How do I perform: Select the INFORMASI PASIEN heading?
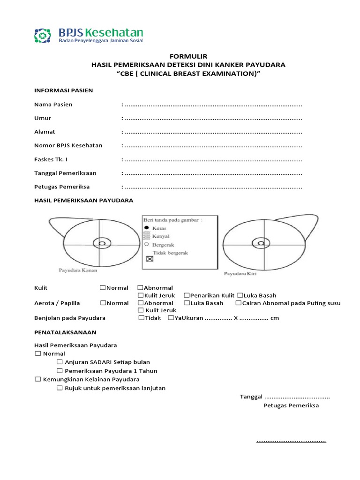(64, 90)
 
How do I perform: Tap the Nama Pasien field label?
(53, 105)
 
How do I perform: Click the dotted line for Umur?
(213, 119)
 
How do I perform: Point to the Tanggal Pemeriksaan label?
(65, 173)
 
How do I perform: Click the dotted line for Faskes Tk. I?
(213, 159)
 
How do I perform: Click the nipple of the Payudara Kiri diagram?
(260, 243)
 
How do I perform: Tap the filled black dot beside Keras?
(146, 228)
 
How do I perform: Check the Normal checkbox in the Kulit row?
(102, 288)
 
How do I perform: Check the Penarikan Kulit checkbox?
(186, 296)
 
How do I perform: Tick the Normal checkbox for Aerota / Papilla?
(102, 303)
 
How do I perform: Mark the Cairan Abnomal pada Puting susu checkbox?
(239, 303)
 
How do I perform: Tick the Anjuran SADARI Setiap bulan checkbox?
(60, 362)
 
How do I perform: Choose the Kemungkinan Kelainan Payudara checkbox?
(38, 379)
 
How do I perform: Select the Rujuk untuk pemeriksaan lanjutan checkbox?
(60, 388)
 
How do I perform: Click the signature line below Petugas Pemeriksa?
(291, 442)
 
